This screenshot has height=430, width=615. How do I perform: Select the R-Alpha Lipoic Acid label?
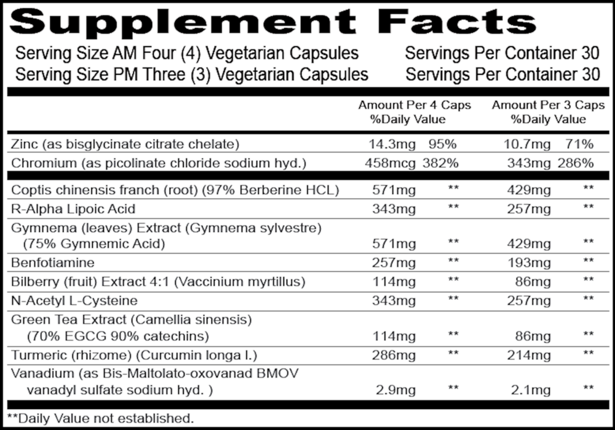pos(73,209)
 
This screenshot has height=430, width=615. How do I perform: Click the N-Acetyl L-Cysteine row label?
pos(74,301)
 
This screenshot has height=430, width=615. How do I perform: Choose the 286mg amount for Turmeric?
pos(392,355)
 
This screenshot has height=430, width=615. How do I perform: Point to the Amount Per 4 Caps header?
pos(415,105)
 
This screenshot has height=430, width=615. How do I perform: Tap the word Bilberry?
pos(34,282)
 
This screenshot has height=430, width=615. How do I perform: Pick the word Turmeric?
pos(36,355)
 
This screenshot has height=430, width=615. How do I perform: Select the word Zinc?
pos(23,145)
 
